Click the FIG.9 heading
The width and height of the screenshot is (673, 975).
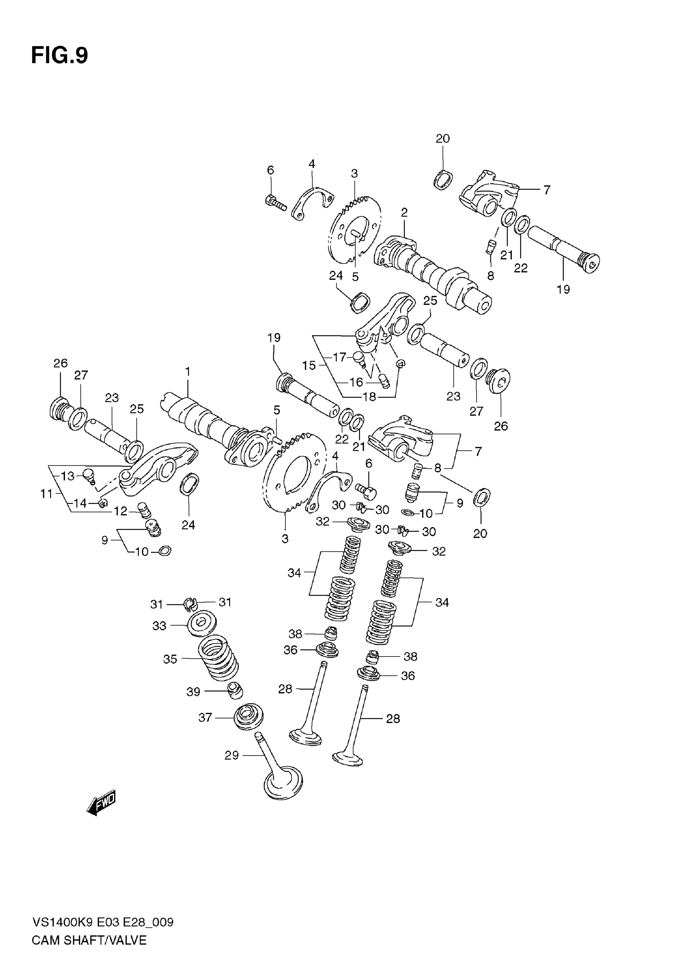59,55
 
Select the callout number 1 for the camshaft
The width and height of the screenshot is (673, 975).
188,371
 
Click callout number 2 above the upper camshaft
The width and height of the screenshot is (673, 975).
404,213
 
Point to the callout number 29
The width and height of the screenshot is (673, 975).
232,755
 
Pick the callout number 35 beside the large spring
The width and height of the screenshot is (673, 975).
170,659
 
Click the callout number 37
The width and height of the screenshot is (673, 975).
205,717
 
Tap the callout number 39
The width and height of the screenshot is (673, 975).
193,691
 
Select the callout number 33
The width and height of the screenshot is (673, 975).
159,626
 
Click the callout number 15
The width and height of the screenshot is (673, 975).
309,365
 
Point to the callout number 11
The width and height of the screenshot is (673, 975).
46,493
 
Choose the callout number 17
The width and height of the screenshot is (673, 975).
339,357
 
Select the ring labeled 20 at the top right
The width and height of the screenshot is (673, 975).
443,180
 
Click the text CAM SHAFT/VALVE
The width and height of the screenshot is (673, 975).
89,940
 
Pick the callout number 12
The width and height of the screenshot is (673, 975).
121,511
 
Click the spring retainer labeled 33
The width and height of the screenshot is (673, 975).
202,623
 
